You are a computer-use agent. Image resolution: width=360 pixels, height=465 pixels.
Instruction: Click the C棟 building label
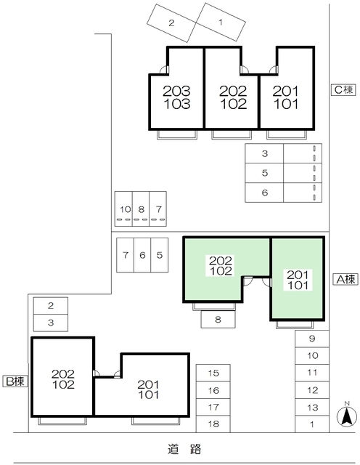(x=343, y=90)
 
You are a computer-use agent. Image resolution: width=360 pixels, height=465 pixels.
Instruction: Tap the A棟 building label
(x=345, y=279)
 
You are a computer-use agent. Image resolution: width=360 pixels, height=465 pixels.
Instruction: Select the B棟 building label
(x=15, y=381)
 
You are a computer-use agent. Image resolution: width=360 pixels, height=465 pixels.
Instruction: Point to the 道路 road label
(x=187, y=450)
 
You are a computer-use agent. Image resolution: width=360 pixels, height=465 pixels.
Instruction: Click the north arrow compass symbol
(x=347, y=415)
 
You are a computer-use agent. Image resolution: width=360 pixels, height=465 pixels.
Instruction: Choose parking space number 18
(x=213, y=424)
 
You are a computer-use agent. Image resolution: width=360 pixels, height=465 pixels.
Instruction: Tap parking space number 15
(x=213, y=373)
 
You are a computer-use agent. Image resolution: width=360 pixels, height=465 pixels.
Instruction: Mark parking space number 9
(x=312, y=339)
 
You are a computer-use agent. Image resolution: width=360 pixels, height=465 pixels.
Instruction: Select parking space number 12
(x=312, y=390)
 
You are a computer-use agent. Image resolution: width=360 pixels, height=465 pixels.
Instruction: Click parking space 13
(x=312, y=408)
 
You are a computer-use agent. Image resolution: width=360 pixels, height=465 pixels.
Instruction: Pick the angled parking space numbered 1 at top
(x=220, y=23)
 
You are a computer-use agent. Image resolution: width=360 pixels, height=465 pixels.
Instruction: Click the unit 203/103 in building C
(x=176, y=97)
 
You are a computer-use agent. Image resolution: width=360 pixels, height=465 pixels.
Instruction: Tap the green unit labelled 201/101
(x=298, y=280)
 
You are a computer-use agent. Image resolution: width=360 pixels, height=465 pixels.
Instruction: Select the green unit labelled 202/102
(x=221, y=265)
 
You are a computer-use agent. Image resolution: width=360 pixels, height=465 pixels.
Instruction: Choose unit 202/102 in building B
(x=63, y=379)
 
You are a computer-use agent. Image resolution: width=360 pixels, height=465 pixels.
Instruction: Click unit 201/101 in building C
(x=287, y=97)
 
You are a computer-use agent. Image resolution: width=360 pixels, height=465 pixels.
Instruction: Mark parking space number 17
(x=213, y=407)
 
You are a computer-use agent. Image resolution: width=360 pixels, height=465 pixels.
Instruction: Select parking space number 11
(x=312, y=373)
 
